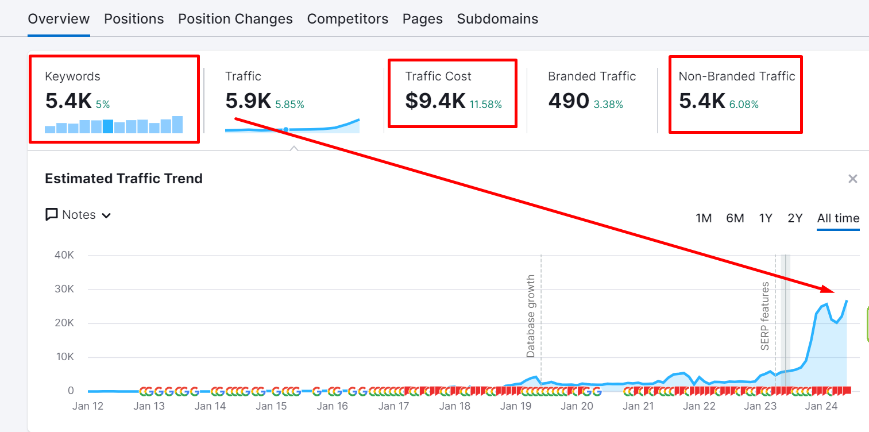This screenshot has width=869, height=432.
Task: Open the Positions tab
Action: [134, 19]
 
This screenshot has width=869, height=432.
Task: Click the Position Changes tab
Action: [235, 19]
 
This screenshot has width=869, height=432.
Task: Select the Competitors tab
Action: [347, 19]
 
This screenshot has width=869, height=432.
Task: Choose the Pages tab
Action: [423, 19]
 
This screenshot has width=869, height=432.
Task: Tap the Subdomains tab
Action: [497, 19]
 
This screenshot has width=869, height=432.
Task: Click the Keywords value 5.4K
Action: [69, 101]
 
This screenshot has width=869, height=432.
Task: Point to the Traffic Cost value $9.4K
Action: [435, 101]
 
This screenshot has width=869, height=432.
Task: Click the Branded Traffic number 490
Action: [569, 101]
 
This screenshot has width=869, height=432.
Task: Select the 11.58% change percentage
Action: [486, 105]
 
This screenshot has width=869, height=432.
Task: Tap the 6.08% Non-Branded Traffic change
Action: [744, 105]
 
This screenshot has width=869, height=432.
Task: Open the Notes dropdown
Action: [79, 215]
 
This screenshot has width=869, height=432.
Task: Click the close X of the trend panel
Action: [853, 179]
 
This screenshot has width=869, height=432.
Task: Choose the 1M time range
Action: [704, 218]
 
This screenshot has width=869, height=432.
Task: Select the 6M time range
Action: [735, 218]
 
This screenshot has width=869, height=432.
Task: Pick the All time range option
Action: [839, 218]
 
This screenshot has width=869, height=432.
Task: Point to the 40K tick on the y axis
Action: [64, 255]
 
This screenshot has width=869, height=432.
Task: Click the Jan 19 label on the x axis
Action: [516, 406]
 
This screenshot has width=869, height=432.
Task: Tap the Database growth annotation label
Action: [530, 316]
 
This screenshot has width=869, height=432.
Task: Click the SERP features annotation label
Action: [764, 316]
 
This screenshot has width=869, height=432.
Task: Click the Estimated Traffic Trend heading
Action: [123, 179]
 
